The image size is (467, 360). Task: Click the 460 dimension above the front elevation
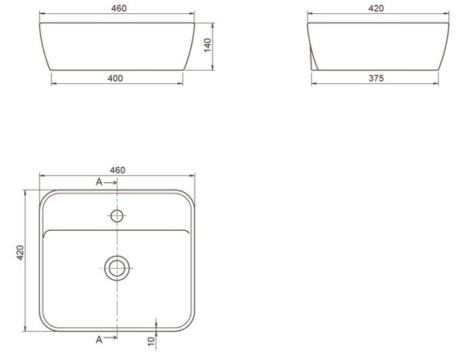(119, 9)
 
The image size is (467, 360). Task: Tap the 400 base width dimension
(115, 79)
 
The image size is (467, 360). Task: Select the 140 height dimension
(208, 45)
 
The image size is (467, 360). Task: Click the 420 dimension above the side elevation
(376, 9)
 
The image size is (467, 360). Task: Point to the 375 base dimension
(376, 79)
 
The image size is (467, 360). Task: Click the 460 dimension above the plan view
(118, 170)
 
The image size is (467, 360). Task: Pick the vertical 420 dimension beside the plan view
(20, 253)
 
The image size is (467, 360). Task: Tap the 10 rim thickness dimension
(152, 341)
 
